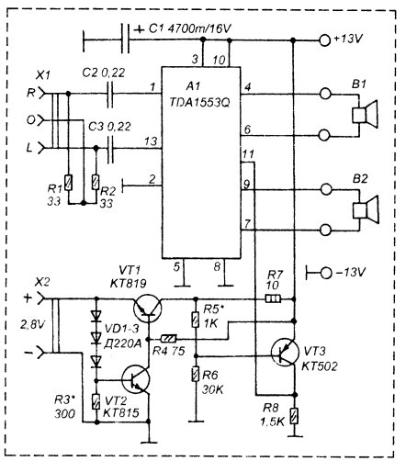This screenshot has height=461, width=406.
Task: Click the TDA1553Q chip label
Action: click(x=199, y=102)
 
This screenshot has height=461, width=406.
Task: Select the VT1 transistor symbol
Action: click(x=148, y=308)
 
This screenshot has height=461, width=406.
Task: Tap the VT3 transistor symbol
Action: click(x=286, y=352)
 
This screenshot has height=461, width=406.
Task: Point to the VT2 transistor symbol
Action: click(x=136, y=379)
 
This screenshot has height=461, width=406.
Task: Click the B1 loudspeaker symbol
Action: click(x=366, y=114)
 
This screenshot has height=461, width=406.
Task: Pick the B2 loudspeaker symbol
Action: click(x=366, y=210)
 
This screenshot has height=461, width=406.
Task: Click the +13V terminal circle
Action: click(x=325, y=40)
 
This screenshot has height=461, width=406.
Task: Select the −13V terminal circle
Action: click(x=326, y=273)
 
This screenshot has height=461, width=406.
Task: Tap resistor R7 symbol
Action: click(x=273, y=298)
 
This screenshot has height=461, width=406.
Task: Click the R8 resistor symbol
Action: click(x=294, y=416)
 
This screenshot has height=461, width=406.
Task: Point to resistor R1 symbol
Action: click(x=68, y=183)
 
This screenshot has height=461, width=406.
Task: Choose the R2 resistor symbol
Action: click(x=96, y=183)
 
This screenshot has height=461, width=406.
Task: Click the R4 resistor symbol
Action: click(x=169, y=339)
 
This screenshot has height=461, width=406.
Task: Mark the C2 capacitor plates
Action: click(x=110, y=94)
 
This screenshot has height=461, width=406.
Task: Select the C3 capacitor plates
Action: click(x=110, y=149)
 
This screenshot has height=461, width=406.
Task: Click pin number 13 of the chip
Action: click(x=152, y=141)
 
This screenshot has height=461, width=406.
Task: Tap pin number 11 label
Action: click(x=248, y=154)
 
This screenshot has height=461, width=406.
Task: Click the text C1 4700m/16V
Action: click(x=190, y=28)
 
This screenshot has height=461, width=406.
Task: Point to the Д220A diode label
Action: click(x=122, y=344)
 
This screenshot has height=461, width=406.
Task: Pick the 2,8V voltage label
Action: click(x=32, y=324)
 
